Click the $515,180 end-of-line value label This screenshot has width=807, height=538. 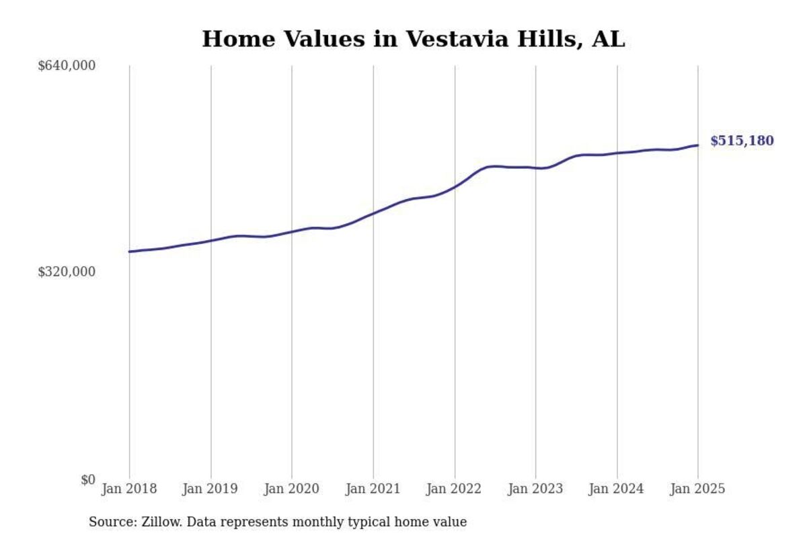[742, 141]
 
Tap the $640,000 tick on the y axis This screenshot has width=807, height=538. [67, 65]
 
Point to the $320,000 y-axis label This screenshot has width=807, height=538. [67, 272]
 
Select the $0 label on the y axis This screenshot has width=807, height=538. [88, 479]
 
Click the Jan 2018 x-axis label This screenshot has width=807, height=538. [129, 489]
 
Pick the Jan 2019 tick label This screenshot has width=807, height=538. [210, 489]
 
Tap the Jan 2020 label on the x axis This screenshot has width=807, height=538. [292, 489]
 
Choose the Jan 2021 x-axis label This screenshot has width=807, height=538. [373, 489]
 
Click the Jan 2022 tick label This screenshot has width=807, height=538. [455, 489]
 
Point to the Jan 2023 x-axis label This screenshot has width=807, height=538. [535, 489]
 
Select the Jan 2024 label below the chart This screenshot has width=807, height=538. [617, 489]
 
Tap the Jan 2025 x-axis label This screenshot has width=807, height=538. [697, 489]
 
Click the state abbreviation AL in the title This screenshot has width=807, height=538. [608, 39]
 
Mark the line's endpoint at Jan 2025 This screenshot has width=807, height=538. [697, 145]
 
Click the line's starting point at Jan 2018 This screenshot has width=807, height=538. [130, 252]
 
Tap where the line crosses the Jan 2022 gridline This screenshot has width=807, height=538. [455, 186]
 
